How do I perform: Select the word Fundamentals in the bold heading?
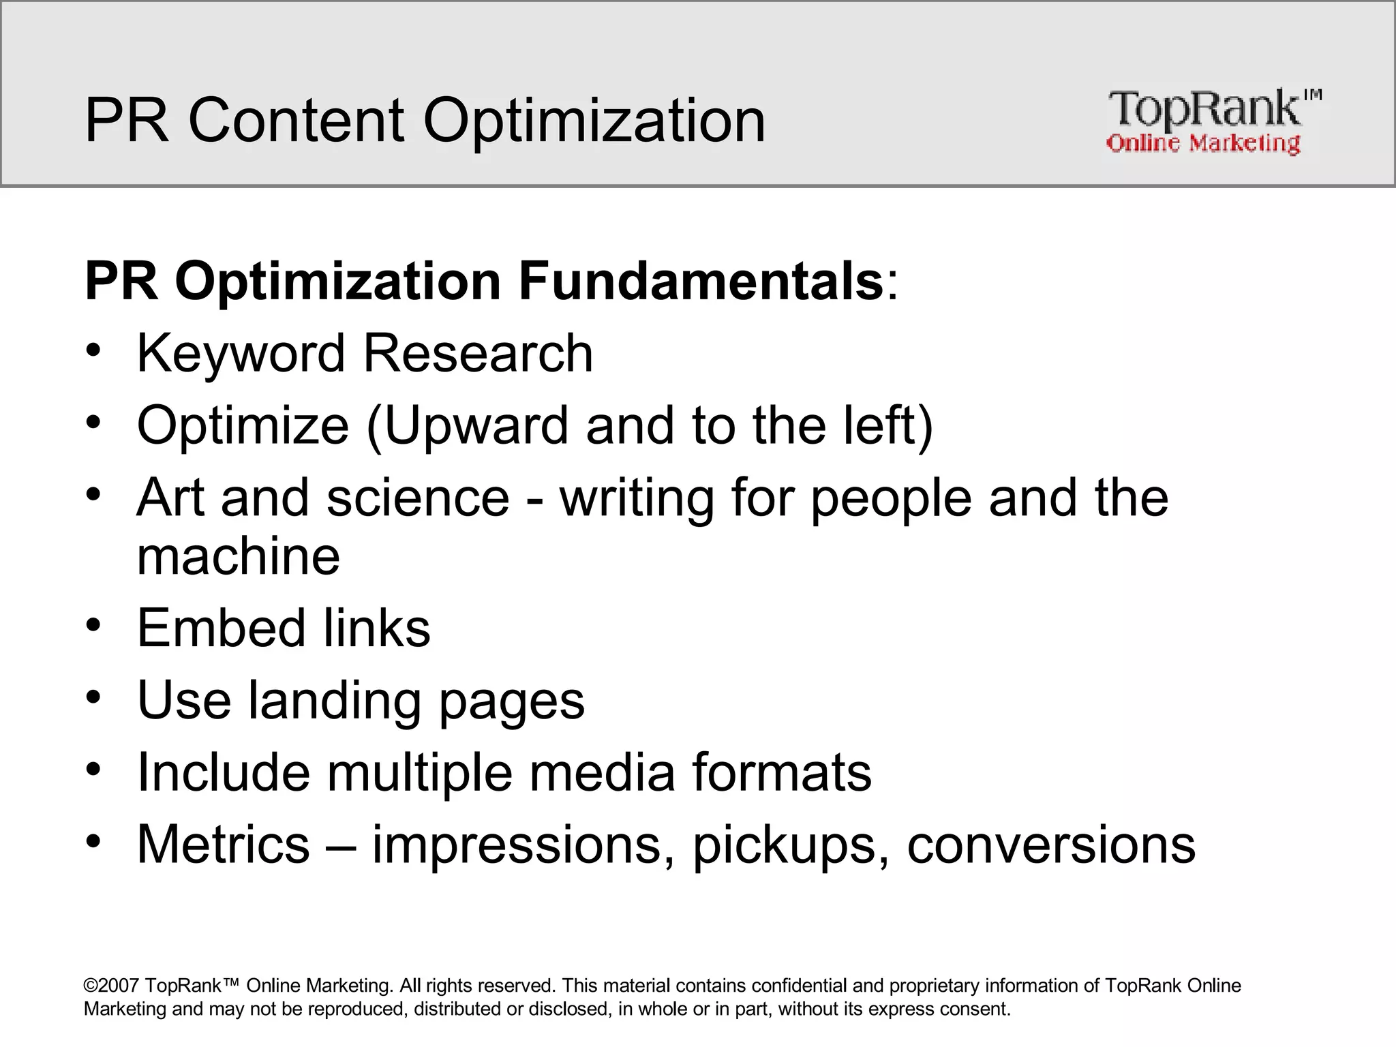(701, 281)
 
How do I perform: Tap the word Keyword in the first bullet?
(241, 354)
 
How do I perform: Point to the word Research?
(478, 354)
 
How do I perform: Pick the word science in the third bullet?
(417, 498)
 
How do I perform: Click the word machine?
(238, 556)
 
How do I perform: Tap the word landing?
(334, 701)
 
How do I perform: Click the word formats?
(782, 772)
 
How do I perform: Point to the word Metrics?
(224, 845)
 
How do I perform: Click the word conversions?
(1051, 845)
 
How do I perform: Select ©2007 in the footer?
(112, 986)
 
